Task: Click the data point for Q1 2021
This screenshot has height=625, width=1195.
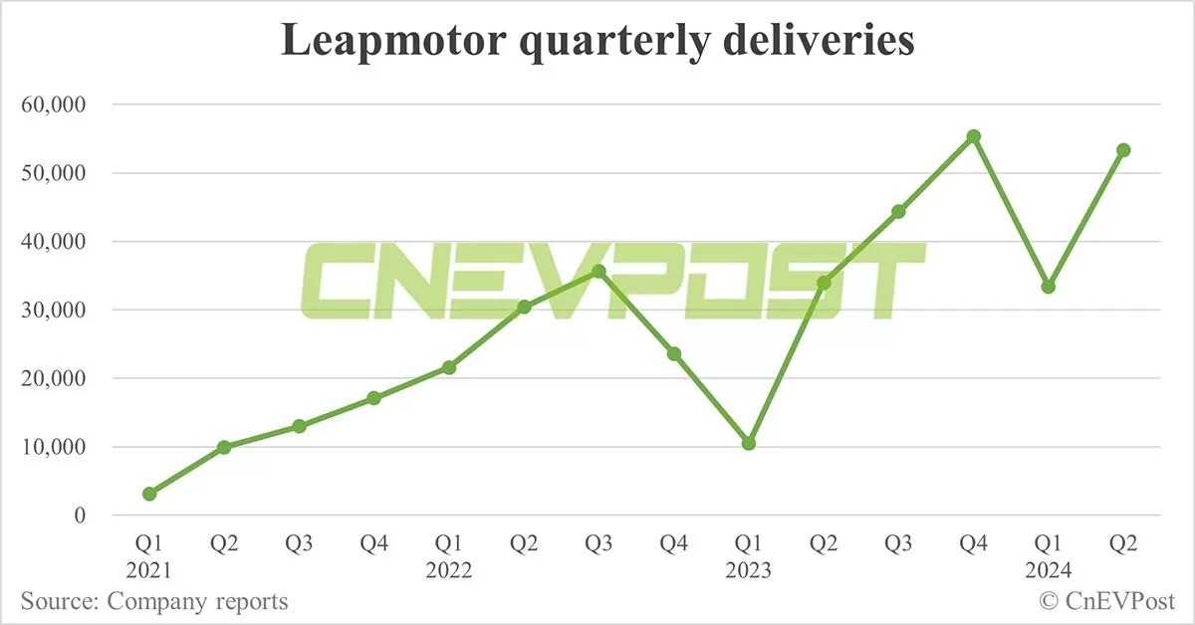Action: pos(149,494)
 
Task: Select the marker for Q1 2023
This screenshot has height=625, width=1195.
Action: pos(749,443)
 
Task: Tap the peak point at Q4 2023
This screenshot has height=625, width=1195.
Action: pos(974,136)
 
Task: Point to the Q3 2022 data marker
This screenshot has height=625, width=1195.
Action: pos(598,272)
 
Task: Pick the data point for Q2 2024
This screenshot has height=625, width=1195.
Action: pos(1123,150)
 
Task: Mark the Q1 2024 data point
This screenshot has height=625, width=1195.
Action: pos(1049,287)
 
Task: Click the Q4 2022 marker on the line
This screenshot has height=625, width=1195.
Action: pos(674,353)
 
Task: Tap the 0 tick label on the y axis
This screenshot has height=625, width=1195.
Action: pos(81,516)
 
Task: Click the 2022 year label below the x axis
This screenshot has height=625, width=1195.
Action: pos(448,571)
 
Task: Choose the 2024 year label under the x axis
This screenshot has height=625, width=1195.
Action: pos(1048,571)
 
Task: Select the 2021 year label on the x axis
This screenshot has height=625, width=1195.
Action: pos(148,571)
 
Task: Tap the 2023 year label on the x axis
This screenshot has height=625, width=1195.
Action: pos(748,571)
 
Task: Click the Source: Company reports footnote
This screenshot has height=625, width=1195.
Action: pos(153,601)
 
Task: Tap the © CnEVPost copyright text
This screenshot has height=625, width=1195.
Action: pos(1107,601)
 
